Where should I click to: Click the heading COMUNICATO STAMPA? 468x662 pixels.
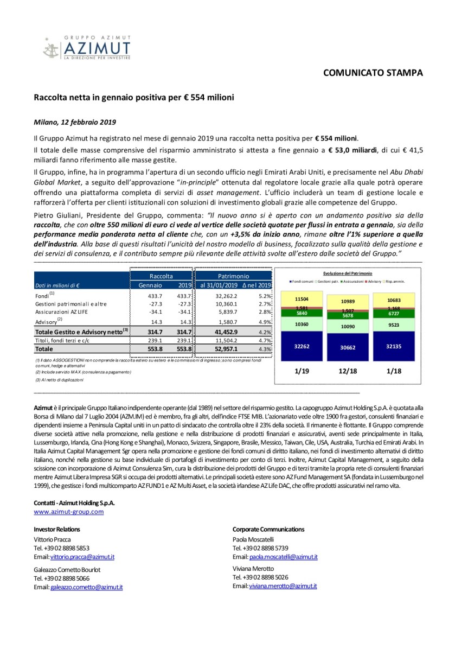click(373, 73)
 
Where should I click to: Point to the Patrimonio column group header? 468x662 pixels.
click(234, 276)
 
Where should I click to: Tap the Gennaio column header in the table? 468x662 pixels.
click(150, 285)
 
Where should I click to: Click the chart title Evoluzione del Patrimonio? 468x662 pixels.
click(348, 273)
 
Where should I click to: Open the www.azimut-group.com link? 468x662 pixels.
click(68, 511)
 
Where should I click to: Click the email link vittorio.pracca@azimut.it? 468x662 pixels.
click(82, 557)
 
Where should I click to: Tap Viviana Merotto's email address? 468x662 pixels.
click(283, 586)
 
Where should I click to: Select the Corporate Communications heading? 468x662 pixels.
click(268, 529)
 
